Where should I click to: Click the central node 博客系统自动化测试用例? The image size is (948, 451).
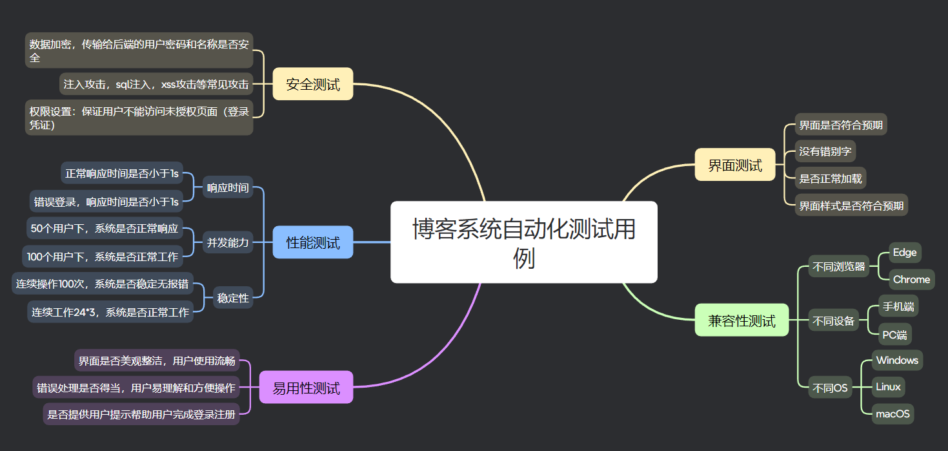tap(523, 242)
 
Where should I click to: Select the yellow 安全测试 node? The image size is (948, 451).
tap(313, 84)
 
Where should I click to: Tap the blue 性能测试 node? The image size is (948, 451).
tap(313, 242)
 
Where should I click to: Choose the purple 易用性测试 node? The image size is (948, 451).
tap(306, 387)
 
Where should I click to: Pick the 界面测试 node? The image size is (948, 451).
tap(734, 165)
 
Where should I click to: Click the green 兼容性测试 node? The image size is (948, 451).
tap(741, 320)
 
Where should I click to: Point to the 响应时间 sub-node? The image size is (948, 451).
tap(228, 187)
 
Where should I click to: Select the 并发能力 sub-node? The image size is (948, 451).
tap(228, 243)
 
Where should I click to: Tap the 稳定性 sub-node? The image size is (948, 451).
tap(233, 298)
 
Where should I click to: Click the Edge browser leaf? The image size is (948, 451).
tap(904, 252)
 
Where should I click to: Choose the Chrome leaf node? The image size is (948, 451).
tap(911, 279)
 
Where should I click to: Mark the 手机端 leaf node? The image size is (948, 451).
tap(898, 306)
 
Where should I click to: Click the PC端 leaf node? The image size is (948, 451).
tap(896, 334)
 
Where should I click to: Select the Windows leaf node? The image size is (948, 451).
tap(897, 360)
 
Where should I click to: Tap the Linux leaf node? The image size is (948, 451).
tap(888, 387)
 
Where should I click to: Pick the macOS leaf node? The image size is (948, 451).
tap(893, 414)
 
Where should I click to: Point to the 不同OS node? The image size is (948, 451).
tap(830, 388)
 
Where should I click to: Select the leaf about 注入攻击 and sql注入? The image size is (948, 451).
tap(156, 84)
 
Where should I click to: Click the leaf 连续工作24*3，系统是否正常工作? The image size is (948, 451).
tap(110, 312)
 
